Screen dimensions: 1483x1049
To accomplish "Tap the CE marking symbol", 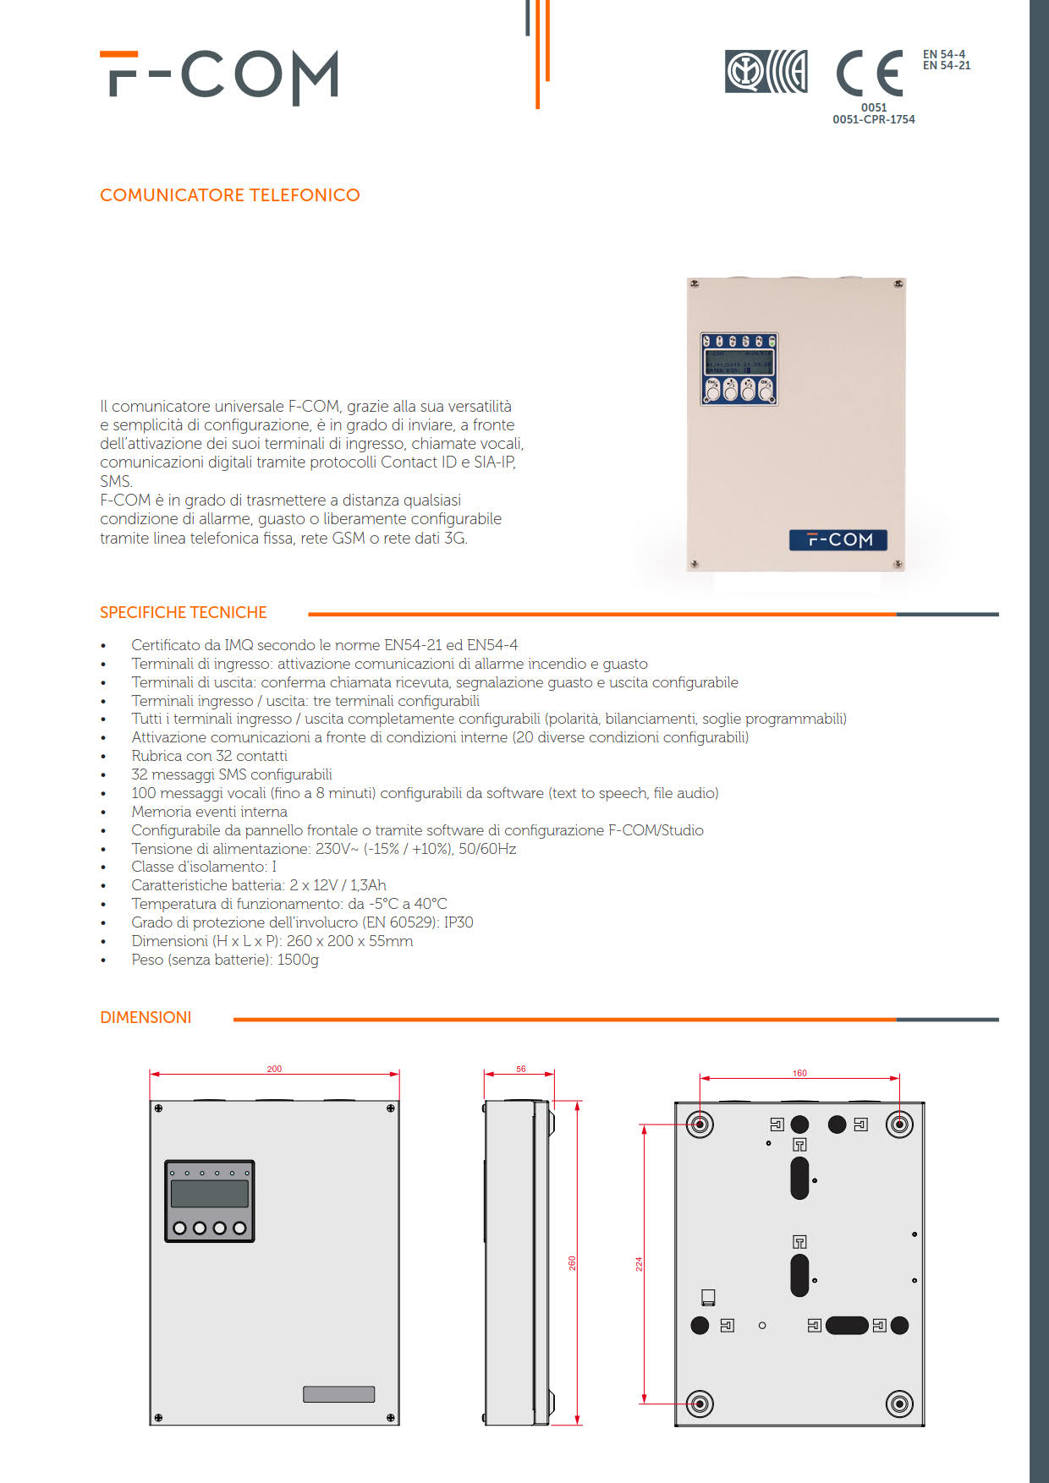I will (x=869, y=74).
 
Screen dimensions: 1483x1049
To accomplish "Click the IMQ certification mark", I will (x=766, y=72).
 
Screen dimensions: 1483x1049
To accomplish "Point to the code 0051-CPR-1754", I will (x=873, y=120).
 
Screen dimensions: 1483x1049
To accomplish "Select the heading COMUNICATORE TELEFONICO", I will (x=229, y=195).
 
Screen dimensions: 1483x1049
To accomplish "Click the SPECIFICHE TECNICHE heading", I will (x=183, y=612).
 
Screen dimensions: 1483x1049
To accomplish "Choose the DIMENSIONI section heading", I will (x=146, y=1017).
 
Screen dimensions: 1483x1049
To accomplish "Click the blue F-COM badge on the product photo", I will (x=838, y=539).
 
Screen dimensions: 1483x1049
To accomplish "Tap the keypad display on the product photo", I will (x=739, y=362).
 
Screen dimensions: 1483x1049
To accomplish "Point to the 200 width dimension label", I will (x=274, y=1069).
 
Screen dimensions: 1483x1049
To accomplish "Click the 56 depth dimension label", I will (x=520, y=1069).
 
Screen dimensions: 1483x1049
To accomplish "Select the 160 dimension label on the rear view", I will (x=799, y=1073).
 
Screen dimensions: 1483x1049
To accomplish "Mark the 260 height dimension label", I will (x=572, y=1262).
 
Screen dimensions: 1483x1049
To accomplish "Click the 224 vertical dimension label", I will (x=639, y=1264).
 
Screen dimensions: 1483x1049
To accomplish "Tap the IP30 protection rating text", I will (x=459, y=922).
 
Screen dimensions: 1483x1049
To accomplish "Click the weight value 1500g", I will (x=298, y=960).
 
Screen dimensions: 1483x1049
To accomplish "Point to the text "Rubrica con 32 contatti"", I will (x=209, y=756).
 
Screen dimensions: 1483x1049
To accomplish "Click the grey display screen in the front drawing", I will (x=209, y=1193).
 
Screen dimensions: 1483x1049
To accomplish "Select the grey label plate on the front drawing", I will (x=338, y=1394).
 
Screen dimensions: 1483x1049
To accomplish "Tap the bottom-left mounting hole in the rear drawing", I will (x=700, y=1404).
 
